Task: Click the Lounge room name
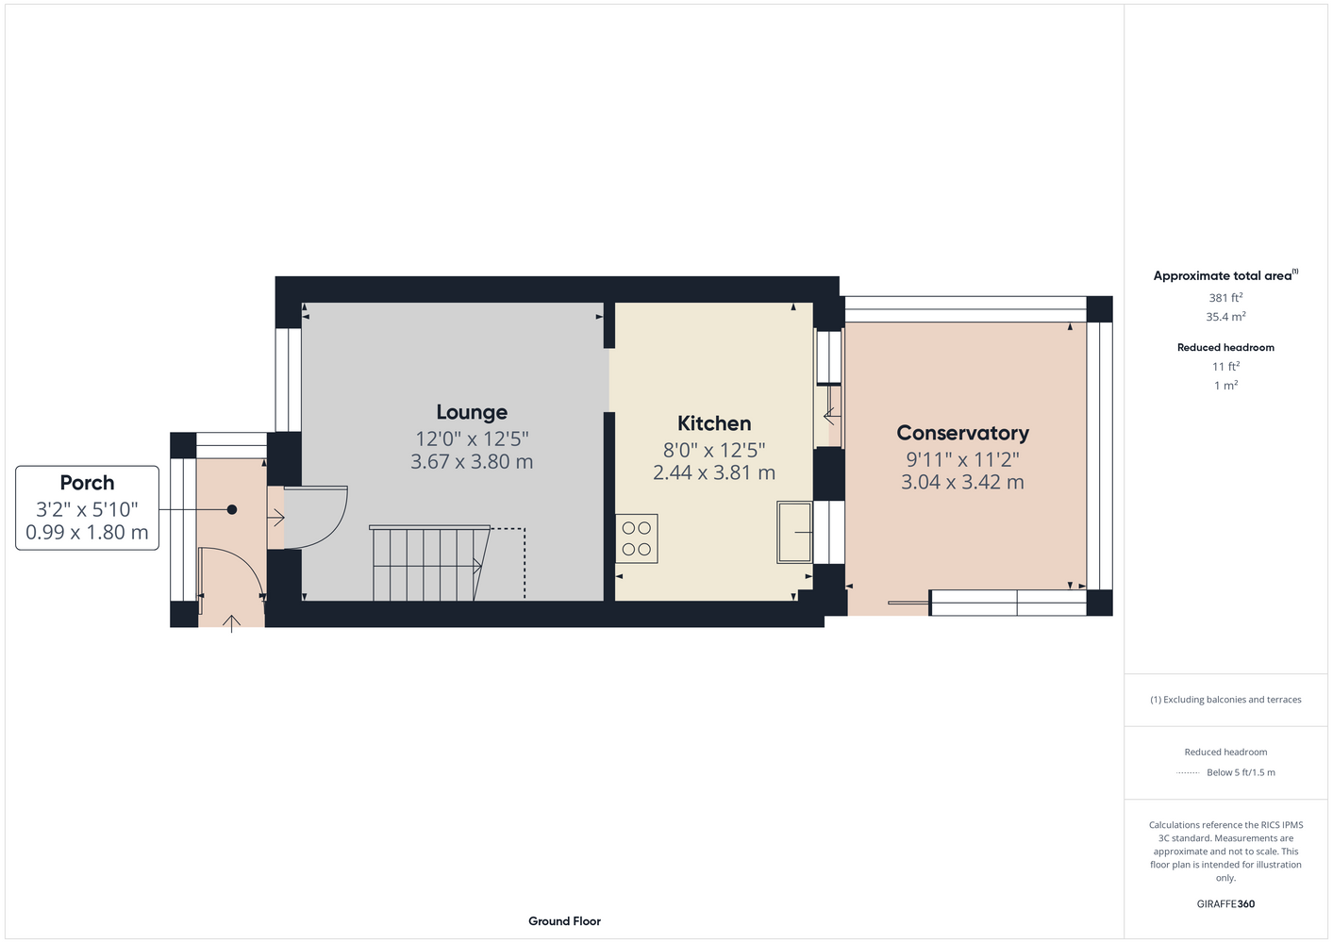pyautogui.click(x=472, y=412)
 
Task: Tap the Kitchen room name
pyautogui.click(x=714, y=423)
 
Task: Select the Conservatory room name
pyautogui.click(x=962, y=433)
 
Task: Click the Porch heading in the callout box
pyautogui.click(x=87, y=483)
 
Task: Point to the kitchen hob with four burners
pyautogui.click(x=636, y=538)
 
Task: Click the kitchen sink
pyautogui.click(x=793, y=532)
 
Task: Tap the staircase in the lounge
pyautogui.click(x=430, y=563)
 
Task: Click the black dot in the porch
pyautogui.click(x=232, y=509)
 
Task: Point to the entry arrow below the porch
pyautogui.click(x=231, y=624)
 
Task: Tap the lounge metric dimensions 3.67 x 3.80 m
pyautogui.click(x=472, y=462)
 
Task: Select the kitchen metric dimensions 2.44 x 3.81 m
pyautogui.click(x=714, y=473)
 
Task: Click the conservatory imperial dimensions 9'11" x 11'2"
pyautogui.click(x=962, y=459)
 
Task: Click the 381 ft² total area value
pyautogui.click(x=1225, y=297)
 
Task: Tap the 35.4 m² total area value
pyautogui.click(x=1225, y=317)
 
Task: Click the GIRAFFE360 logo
pyautogui.click(x=1225, y=903)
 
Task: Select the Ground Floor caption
pyautogui.click(x=564, y=921)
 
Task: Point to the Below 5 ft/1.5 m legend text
pyautogui.click(x=1241, y=772)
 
